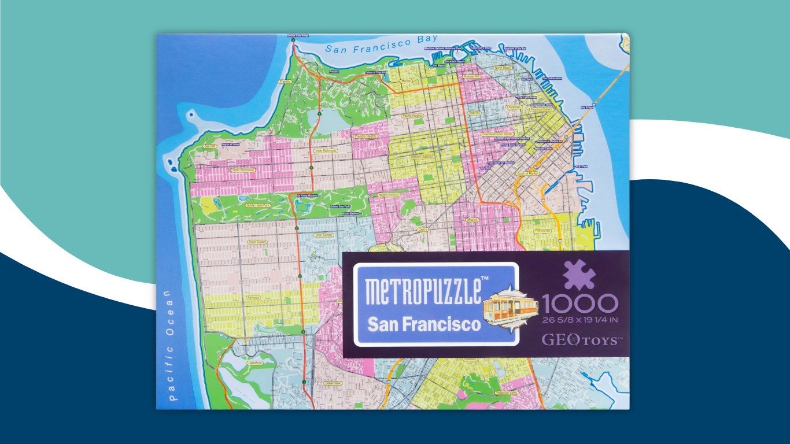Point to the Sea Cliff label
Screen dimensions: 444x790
tap(210, 147)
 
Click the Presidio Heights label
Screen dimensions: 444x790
tap(366, 136)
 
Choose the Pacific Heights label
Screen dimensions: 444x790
tap(413, 116)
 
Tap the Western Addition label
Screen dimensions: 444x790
tap(422, 157)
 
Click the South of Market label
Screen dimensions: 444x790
tap(527, 173)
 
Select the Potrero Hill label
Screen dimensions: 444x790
tap(542, 231)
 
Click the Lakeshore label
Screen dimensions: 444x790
tap(254, 363)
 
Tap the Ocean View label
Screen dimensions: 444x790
tap(333, 383)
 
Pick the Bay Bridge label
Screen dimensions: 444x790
tap(586, 108)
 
